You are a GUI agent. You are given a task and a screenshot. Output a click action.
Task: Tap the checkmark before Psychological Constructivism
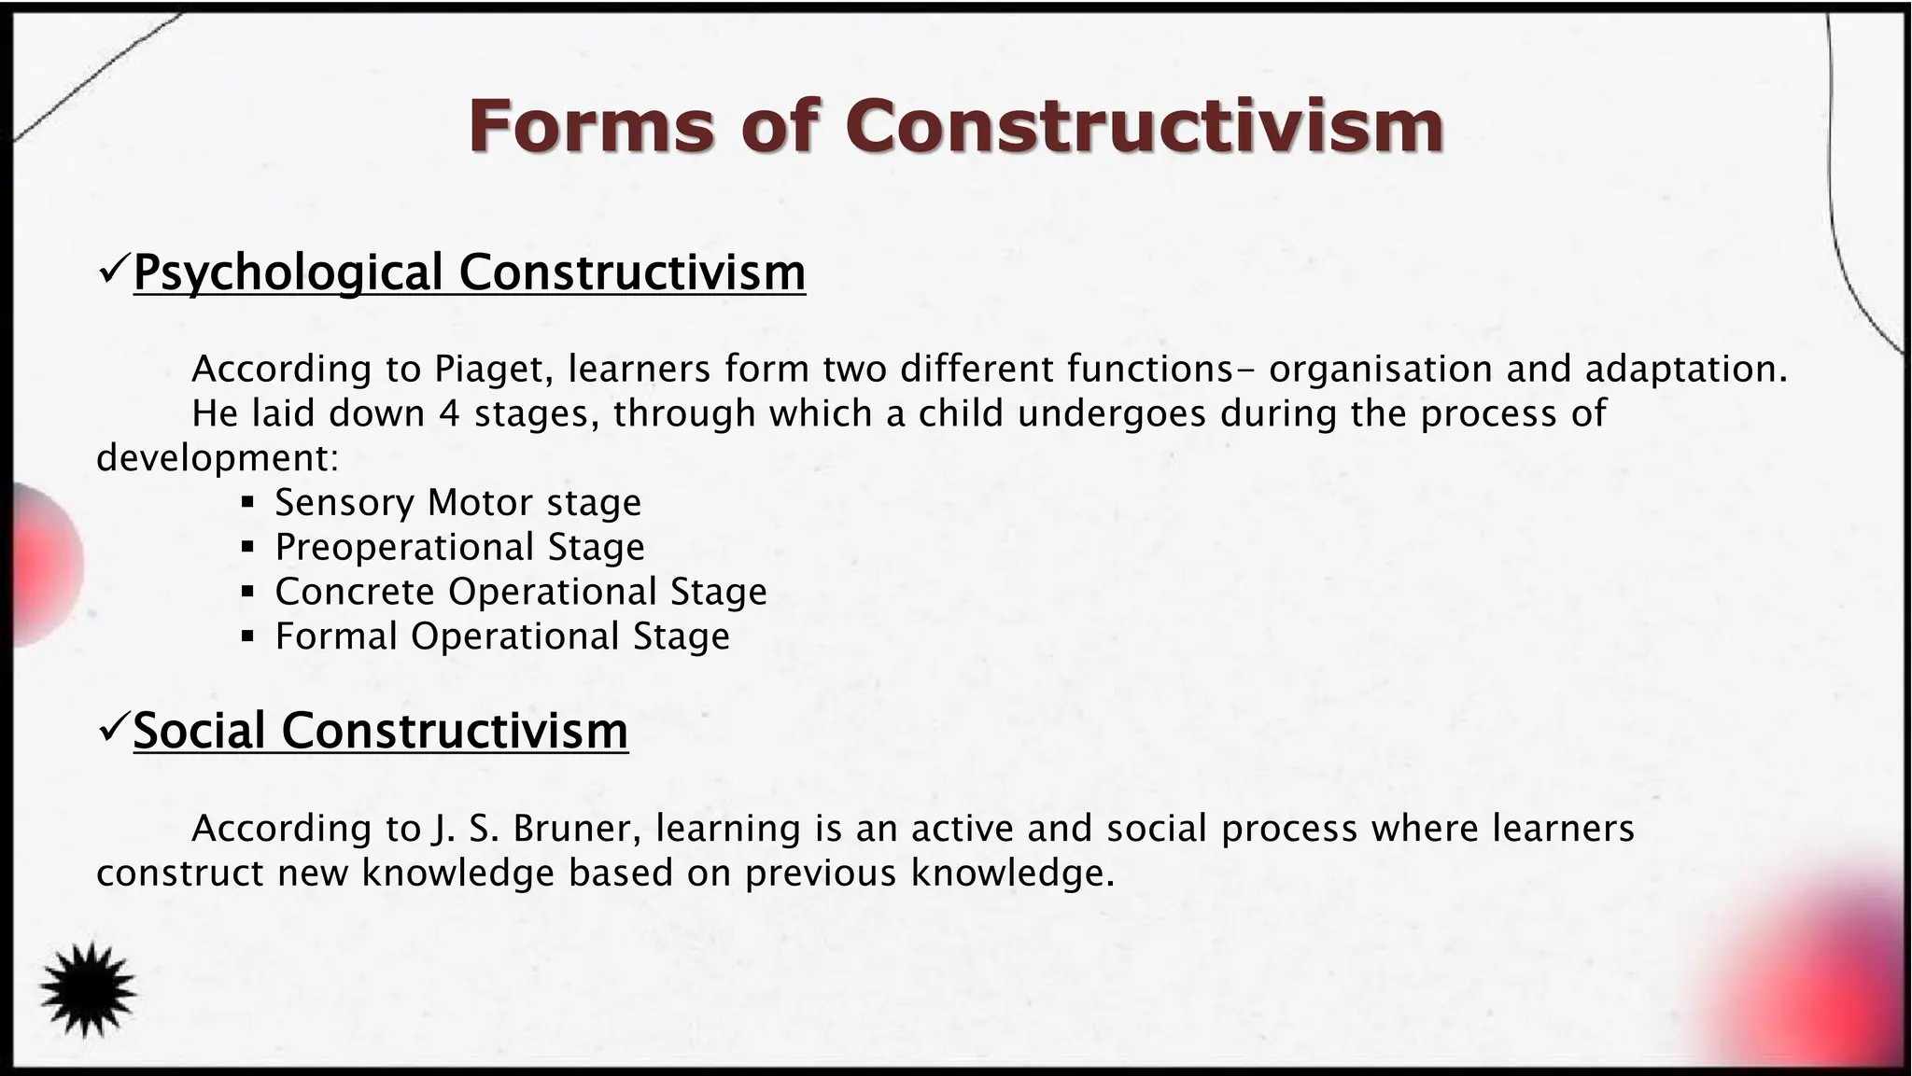113,272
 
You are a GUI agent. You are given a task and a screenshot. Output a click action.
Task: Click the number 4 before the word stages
448,413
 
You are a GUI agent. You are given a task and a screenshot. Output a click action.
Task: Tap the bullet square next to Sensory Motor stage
247,503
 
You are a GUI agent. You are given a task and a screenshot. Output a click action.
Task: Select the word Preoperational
405,547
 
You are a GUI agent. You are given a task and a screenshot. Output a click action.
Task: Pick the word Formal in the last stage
336,636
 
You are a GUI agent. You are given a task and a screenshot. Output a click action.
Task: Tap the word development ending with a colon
217,458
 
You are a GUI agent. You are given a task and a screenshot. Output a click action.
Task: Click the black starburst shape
88,989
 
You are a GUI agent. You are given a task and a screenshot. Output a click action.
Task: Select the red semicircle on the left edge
42,566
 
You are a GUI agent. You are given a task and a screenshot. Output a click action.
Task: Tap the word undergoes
1112,413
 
